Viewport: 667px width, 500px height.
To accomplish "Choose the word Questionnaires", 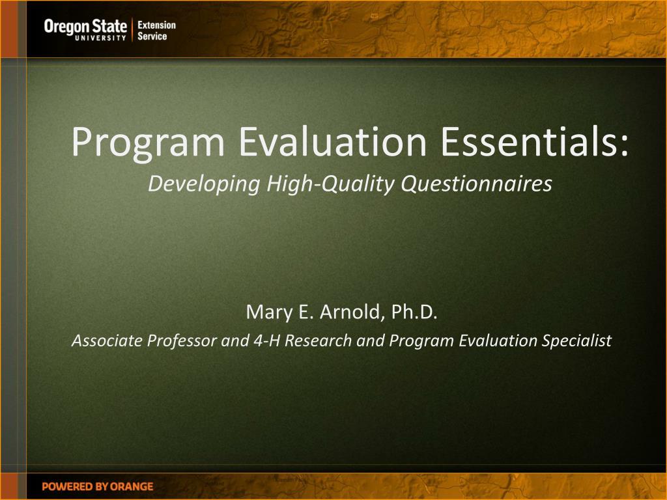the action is tap(476, 184).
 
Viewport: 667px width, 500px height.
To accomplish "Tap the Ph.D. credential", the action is tap(414, 312).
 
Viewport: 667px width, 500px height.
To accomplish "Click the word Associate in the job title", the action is tap(107, 340).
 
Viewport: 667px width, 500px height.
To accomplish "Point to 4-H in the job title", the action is tap(266, 340).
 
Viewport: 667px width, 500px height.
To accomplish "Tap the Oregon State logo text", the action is tap(85, 27).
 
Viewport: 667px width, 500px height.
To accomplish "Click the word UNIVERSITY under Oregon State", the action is tap(101, 38).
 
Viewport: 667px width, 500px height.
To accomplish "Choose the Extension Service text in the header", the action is tap(156, 31).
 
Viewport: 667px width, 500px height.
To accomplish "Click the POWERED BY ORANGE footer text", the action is tap(98, 486).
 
